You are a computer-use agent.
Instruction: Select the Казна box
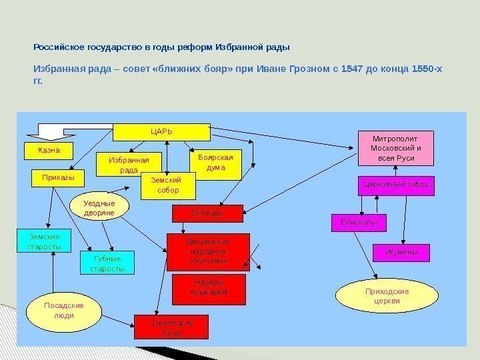[x=48, y=151]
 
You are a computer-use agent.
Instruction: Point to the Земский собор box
[x=168, y=185]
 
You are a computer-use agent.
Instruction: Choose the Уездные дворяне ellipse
[x=99, y=208]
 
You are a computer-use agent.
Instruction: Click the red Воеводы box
[x=207, y=213]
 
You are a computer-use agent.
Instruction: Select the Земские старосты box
[x=44, y=241]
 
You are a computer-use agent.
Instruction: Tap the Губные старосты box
[x=107, y=263]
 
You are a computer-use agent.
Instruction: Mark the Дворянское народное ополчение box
[x=207, y=252]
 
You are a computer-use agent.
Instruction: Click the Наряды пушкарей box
[x=209, y=288]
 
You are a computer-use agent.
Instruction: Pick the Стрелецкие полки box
[x=171, y=327]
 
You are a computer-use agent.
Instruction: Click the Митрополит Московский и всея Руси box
[x=396, y=148]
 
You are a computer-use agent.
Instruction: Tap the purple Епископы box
[x=359, y=223]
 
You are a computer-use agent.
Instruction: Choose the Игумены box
[x=401, y=253]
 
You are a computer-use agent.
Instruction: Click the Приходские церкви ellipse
[x=387, y=297]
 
